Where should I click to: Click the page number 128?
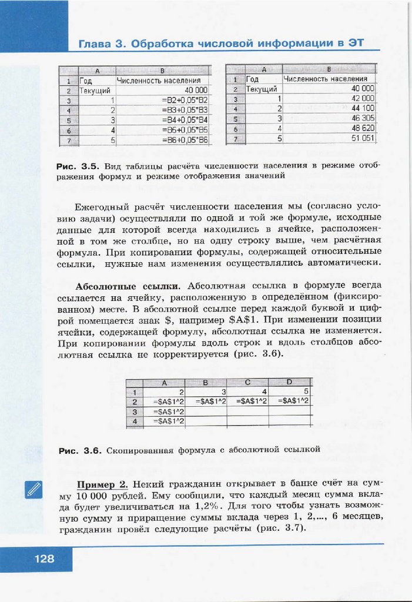[44, 559]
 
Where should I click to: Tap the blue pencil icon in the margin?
[34, 489]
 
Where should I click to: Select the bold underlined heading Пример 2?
[102, 484]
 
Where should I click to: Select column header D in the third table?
[289, 383]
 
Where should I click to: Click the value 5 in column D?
[306, 392]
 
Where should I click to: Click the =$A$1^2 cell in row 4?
[169, 421]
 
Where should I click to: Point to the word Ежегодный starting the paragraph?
[107, 207]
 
